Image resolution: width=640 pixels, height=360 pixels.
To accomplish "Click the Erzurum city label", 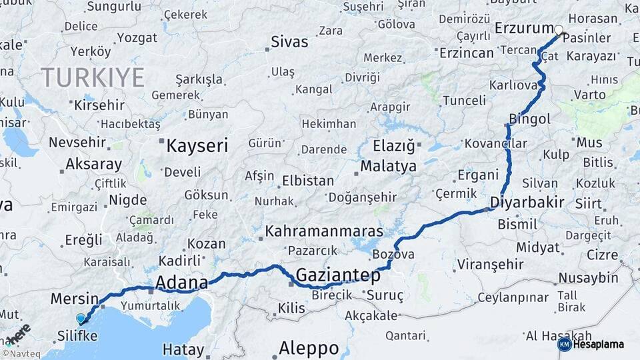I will (x=525, y=28).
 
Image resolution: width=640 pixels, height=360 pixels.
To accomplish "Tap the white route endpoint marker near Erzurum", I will (x=559, y=29).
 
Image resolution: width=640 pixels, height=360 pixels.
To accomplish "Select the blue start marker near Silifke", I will (x=81, y=319).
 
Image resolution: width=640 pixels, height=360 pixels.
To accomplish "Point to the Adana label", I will (x=181, y=284).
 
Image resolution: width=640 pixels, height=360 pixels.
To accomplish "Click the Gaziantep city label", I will (x=338, y=275).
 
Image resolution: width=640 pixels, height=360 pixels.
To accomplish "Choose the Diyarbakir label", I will (x=527, y=202).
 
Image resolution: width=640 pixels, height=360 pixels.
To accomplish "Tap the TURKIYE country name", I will (x=93, y=78).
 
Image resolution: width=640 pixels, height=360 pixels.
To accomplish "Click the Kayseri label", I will (x=197, y=145).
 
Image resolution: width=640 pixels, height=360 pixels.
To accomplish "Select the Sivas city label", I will (x=289, y=42).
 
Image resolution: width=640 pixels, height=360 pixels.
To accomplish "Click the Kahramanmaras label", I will (x=325, y=231).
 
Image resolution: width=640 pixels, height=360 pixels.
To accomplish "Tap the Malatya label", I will (x=389, y=166).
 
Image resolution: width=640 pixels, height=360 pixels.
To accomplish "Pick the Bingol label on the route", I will (x=530, y=119).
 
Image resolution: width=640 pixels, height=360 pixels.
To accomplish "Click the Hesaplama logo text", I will (x=599, y=345).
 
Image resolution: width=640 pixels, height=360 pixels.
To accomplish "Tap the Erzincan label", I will (x=467, y=52).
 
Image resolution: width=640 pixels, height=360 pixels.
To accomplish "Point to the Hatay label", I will (x=183, y=349).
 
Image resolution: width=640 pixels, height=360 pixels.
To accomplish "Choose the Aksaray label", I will (x=93, y=165).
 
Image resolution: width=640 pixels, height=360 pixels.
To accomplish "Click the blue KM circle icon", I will (x=564, y=345).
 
